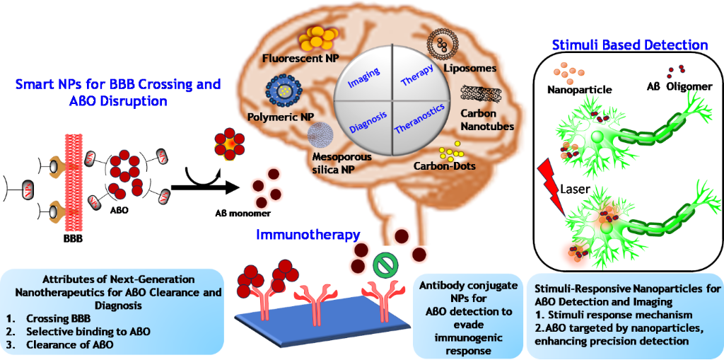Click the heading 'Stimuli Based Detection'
tap(629, 45)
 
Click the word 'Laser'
tap(575, 190)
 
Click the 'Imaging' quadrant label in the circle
tap(364, 77)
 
